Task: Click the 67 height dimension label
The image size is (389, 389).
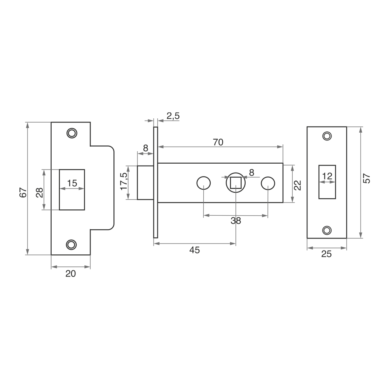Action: [23, 193]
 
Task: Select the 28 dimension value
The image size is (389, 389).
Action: [40, 192]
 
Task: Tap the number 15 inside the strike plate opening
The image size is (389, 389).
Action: [72, 183]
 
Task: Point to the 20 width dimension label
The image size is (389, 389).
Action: [71, 274]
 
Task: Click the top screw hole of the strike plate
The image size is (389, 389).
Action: [72, 133]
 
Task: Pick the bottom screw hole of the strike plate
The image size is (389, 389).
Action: [72, 245]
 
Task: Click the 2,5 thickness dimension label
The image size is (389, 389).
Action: [173, 116]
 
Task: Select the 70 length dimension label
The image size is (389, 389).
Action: [218, 142]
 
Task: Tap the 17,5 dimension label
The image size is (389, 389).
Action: [124, 182]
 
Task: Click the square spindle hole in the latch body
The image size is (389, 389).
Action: [235, 183]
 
